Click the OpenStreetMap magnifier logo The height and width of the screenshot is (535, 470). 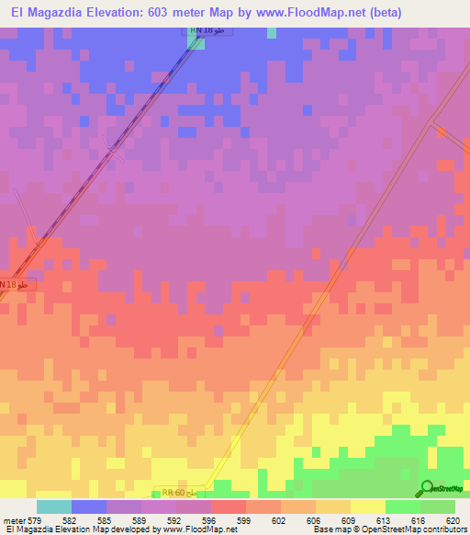coord(425,488)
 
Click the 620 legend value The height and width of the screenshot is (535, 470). coord(453,520)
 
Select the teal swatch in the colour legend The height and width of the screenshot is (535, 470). coord(54,507)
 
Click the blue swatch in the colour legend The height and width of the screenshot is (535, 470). coord(89,507)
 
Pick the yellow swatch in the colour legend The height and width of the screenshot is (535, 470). coord(368,507)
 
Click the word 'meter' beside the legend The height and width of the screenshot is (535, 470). coord(14,520)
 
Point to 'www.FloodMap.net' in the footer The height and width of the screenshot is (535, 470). coord(194,530)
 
